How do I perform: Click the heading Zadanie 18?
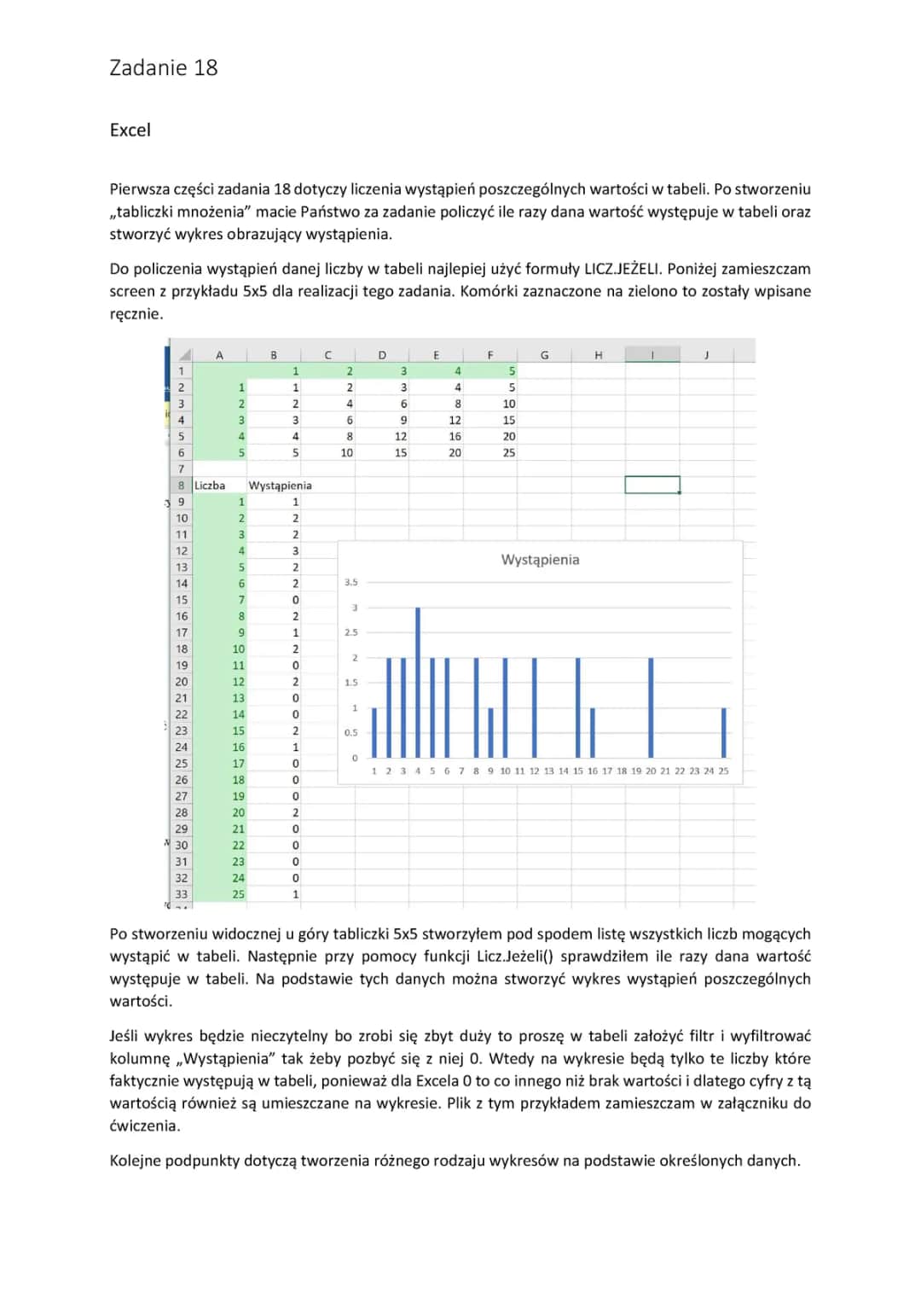point(163,68)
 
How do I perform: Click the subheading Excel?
point(130,131)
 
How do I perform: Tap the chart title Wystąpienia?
point(540,560)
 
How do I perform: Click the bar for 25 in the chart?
point(724,733)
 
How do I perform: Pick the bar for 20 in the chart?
point(651,707)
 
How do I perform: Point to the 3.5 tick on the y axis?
point(350,583)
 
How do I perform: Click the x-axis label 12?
point(534,771)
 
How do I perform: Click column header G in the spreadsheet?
point(544,355)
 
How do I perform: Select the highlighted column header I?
point(652,355)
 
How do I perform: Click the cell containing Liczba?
point(210,486)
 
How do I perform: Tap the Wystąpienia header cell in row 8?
point(280,486)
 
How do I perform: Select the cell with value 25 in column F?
point(509,453)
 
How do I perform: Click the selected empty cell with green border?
point(652,486)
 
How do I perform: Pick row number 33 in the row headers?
point(181,894)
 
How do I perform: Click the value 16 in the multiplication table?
point(455,437)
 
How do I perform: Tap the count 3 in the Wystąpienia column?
point(295,551)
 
